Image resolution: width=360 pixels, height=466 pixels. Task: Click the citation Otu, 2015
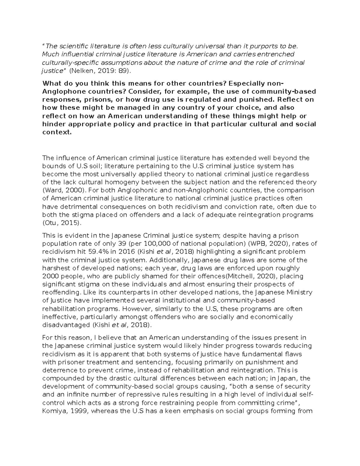(62, 223)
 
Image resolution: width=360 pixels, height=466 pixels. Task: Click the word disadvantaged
(66, 325)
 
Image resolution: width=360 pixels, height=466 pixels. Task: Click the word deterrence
(58, 370)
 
